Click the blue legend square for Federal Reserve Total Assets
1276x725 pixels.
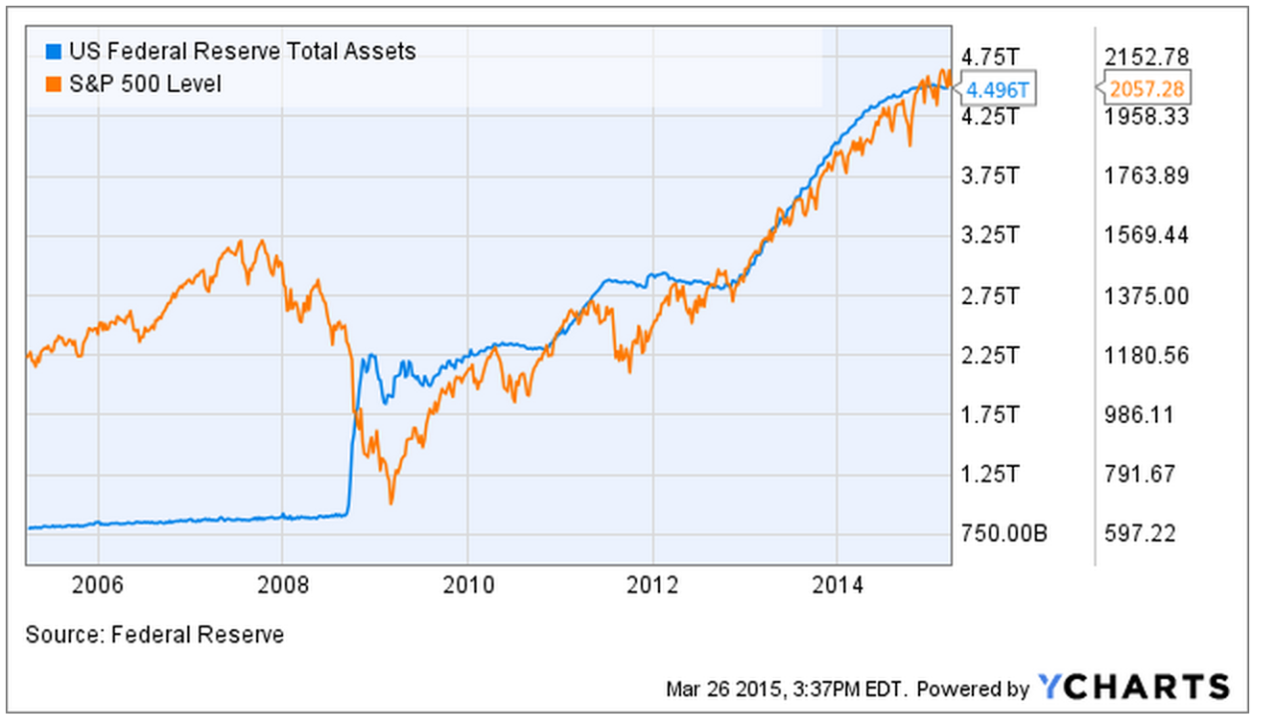tap(54, 51)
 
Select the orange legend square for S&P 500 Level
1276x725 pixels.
tap(54, 84)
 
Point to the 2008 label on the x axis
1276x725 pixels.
tap(282, 584)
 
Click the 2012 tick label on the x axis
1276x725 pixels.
tap(653, 584)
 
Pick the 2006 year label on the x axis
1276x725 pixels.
tap(98, 584)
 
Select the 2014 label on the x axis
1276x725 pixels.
tap(837, 584)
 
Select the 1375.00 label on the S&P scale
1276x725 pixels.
tap(1147, 296)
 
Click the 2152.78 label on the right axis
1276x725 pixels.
tap(1147, 55)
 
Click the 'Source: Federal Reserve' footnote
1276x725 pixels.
tap(155, 634)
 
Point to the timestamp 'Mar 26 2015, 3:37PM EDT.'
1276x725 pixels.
tap(787, 689)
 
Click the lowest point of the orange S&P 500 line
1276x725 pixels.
tap(391, 502)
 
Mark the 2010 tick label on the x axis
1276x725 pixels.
tap(468, 584)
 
